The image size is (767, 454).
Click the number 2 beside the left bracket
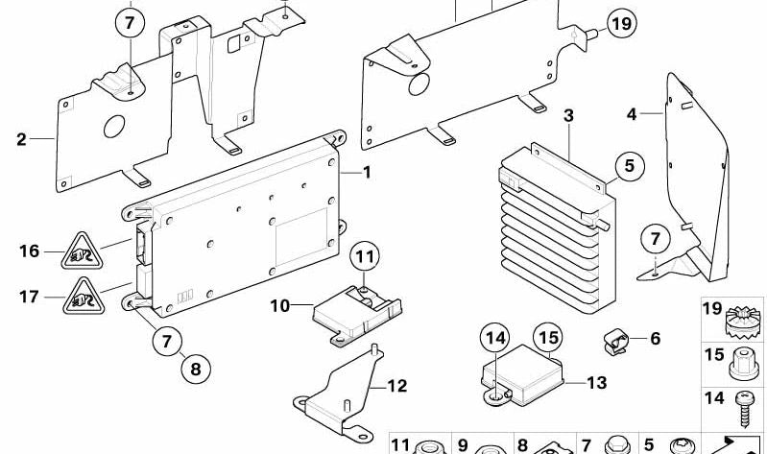pos(21,139)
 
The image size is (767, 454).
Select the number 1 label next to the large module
pos(367,172)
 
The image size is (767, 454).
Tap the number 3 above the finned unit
pos(568,116)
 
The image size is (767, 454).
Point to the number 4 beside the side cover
pos(632,114)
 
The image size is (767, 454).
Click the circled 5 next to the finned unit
pos(629,166)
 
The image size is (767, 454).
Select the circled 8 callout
pos(196,369)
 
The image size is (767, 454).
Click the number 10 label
pos(280,306)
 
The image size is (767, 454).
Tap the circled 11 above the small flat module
pos(365,256)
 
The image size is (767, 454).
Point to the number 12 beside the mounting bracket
pos(396,386)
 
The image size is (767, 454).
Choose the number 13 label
pos(597,383)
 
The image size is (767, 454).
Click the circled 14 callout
pos(495,338)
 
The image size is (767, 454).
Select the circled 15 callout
pos(548,338)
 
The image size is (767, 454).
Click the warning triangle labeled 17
pos(84,298)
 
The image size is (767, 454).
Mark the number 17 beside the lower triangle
pos(29,297)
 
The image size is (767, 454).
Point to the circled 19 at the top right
pos(622,23)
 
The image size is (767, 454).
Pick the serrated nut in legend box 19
pos(743,321)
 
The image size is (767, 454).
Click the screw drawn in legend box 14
pos(744,409)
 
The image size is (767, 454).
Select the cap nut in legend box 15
pos(744,364)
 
